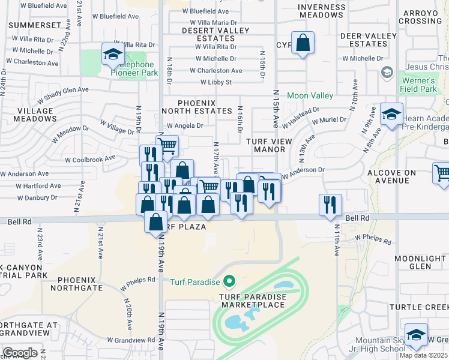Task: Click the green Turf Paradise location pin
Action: [229, 281]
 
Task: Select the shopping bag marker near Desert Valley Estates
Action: [303, 44]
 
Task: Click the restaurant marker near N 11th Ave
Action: [331, 206]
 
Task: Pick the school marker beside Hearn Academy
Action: [391, 115]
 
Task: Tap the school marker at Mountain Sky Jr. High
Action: [416, 336]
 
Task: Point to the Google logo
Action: [20, 353]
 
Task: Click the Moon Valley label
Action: [310, 95]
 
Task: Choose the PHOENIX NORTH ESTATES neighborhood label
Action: [196, 107]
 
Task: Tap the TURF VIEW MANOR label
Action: [269, 145]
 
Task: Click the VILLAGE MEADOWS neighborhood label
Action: [28, 115]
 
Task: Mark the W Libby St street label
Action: [216, 82]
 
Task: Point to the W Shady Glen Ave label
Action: [62, 94]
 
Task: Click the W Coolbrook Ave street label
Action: [90, 158]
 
